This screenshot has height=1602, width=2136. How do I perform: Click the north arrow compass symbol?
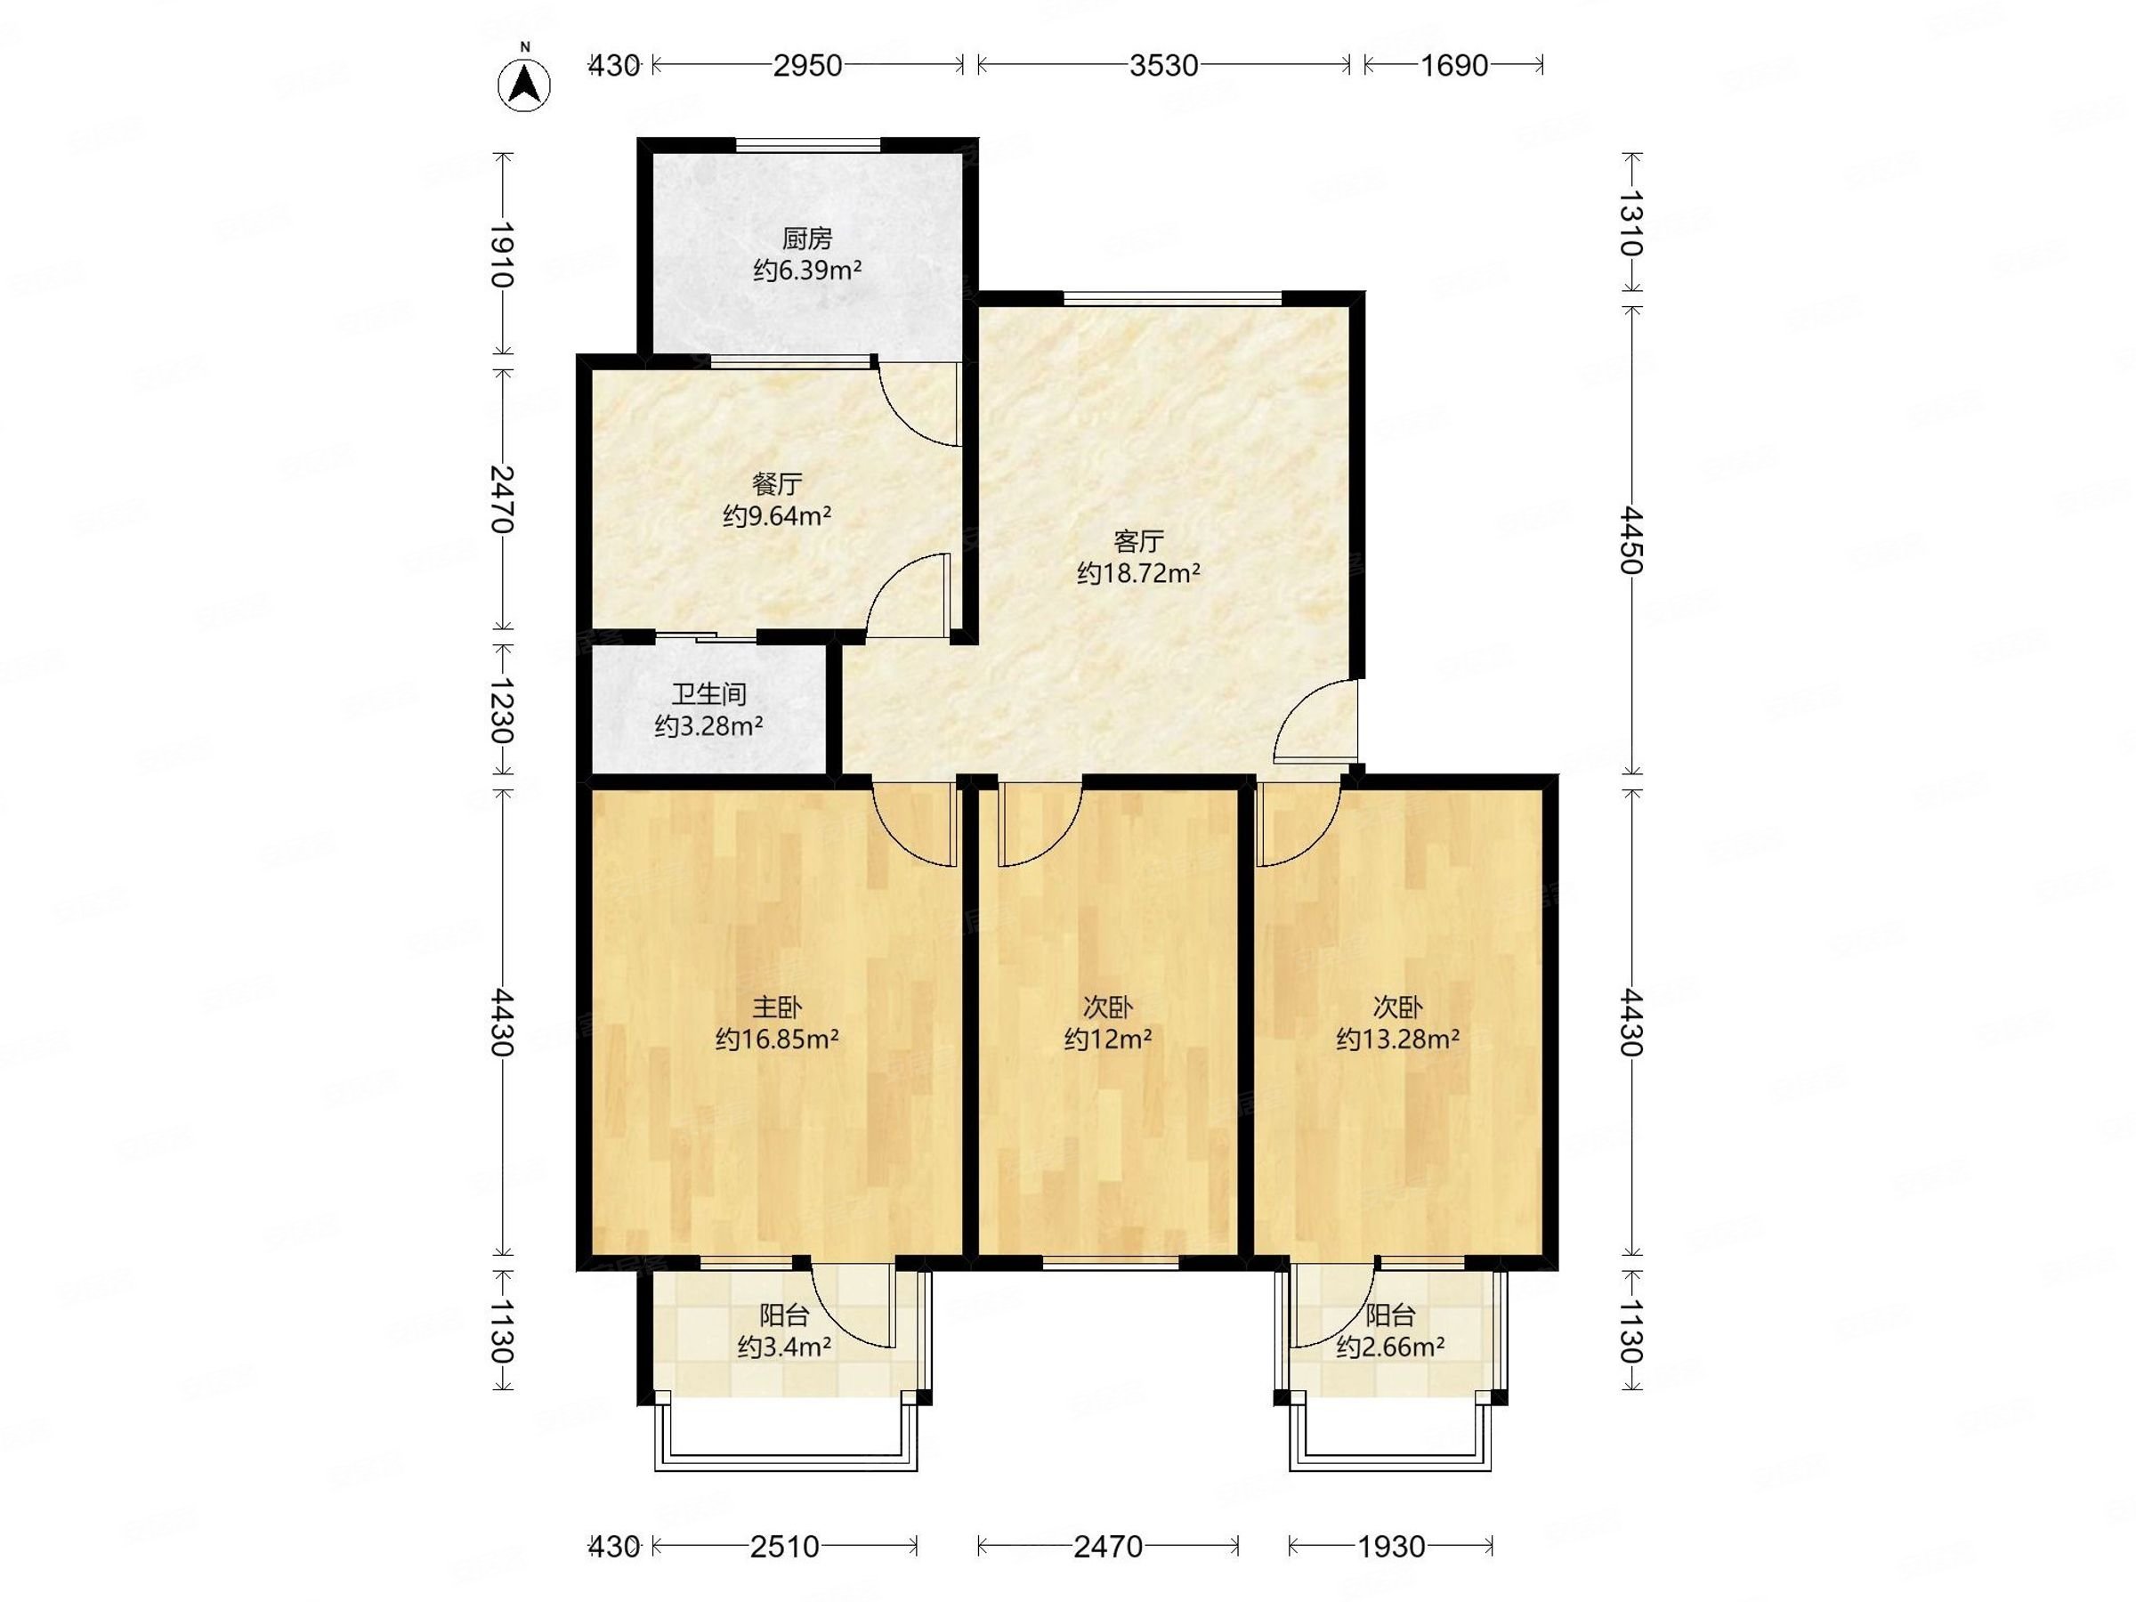pyautogui.click(x=524, y=83)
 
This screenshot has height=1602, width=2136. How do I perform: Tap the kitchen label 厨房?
pyautogui.click(x=806, y=238)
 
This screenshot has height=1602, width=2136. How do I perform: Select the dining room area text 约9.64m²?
pyautogui.click(x=777, y=515)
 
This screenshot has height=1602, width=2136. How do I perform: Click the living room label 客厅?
pyautogui.click(x=1138, y=541)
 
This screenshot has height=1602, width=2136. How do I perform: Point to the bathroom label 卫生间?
pyautogui.click(x=708, y=693)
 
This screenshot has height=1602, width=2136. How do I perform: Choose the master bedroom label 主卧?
pyautogui.click(x=776, y=1007)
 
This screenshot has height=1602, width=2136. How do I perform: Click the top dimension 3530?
pyautogui.click(x=1163, y=66)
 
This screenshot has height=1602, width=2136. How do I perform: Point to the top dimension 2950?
pyautogui.click(x=808, y=66)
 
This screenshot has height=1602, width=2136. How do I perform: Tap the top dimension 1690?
pyautogui.click(x=1454, y=66)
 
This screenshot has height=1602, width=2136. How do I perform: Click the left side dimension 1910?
pyautogui.click(x=501, y=255)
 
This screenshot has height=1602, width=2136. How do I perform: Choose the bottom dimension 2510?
pyautogui.click(x=784, y=1547)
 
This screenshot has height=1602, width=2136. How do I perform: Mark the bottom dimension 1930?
pyautogui.click(x=1391, y=1547)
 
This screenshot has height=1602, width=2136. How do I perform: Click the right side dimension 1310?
pyautogui.click(x=1631, y=223)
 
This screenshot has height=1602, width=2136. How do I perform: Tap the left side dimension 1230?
pyautogui.click(x=501, y=708)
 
